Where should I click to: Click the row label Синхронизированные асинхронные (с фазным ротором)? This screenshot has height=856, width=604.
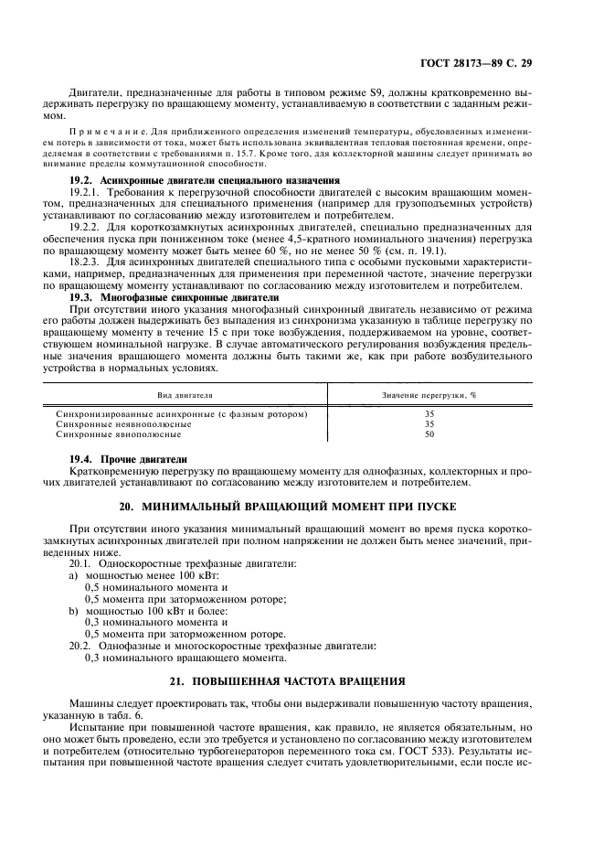[181, 414]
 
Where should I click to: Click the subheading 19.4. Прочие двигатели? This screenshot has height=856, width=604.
[129, 458]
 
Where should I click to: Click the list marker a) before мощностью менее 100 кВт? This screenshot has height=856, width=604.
[74, 577]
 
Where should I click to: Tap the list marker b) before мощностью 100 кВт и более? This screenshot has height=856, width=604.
[74, 609]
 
